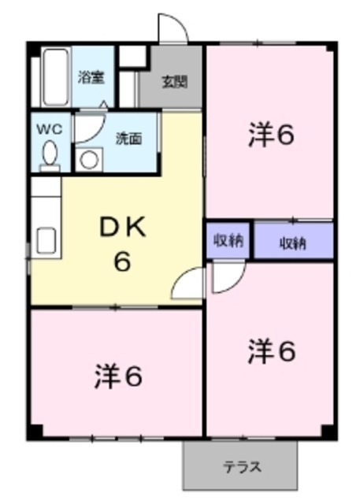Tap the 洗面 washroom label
128,139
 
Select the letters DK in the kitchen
123,228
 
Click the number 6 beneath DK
122,261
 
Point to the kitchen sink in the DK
45,239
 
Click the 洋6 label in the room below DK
119,377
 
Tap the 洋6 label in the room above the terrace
272,351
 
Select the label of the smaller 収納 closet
228,241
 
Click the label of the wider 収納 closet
293,243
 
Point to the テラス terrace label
241,465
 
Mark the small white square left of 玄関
132,55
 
